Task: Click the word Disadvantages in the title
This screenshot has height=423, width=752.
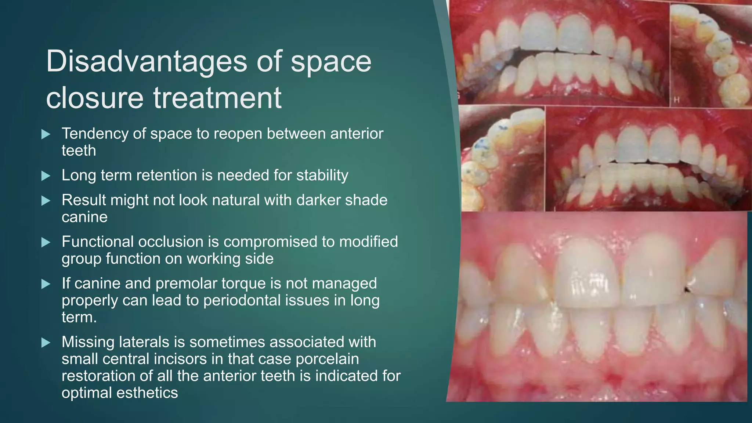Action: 147,61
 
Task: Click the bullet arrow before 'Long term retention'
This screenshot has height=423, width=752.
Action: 46,176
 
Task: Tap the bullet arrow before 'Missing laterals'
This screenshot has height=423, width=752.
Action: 46,343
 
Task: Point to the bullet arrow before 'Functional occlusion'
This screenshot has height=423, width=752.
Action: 46,242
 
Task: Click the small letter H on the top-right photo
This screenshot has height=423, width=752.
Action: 676,100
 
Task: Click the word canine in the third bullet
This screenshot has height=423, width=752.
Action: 84,217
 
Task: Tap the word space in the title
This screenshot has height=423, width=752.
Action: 331,61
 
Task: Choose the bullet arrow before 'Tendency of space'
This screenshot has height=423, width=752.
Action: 46,134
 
